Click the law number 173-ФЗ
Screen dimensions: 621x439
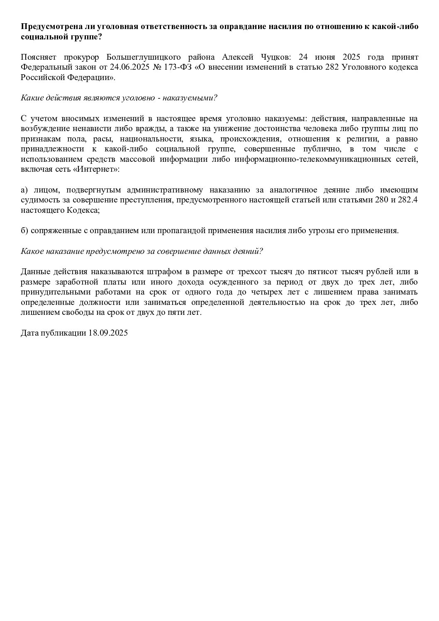(179, 67)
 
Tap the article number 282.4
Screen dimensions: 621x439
(407, 200)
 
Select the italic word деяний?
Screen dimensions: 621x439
(249, 251)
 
